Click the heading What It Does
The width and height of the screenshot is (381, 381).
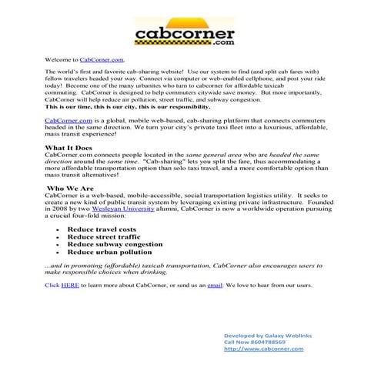(70, 147)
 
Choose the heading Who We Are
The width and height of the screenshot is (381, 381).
(71, 187)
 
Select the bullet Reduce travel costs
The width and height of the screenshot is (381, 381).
(102, 229)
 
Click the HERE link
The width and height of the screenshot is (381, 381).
(70, 285)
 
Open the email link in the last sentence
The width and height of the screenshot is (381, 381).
(236, 285)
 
